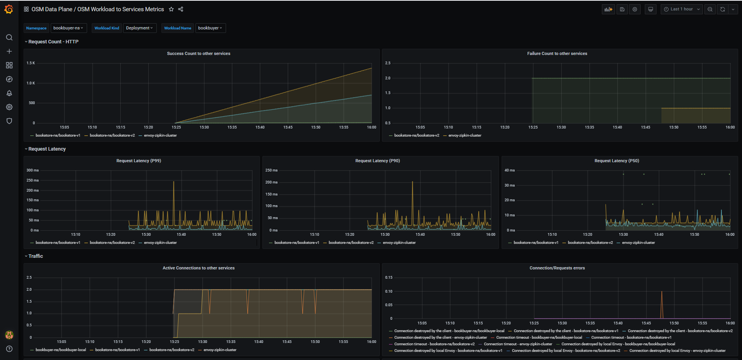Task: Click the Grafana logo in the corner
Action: click(9, 9)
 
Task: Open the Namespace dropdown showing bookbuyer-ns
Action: click(69, 28)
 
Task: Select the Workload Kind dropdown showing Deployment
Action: click(140, 28)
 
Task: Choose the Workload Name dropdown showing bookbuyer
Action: click(210, 28)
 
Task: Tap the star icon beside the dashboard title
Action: click(171, 9)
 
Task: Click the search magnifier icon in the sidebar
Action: click(9, 38)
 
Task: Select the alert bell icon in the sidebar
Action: click(9, 93)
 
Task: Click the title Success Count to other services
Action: click(199, 53)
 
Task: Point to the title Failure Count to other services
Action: click(557, 53)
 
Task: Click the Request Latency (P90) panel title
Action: click(377, 161)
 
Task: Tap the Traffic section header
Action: click(36, 256)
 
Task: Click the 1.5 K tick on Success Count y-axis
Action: click(31, 63)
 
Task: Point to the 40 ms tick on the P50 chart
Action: click(509, 170)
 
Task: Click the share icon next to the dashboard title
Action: click(181, 9)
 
